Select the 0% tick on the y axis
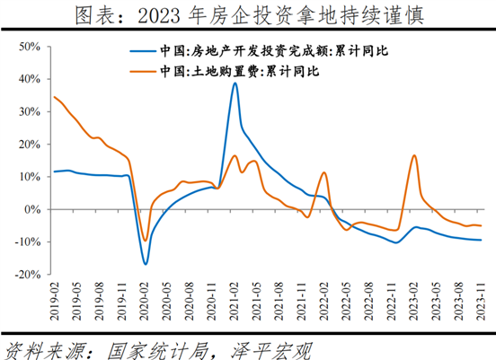[x=37, y=209]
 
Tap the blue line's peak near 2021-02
[x=235, y=83]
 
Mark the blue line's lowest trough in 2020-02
[x=145, y=264]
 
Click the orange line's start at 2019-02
[x=55, y=97]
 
